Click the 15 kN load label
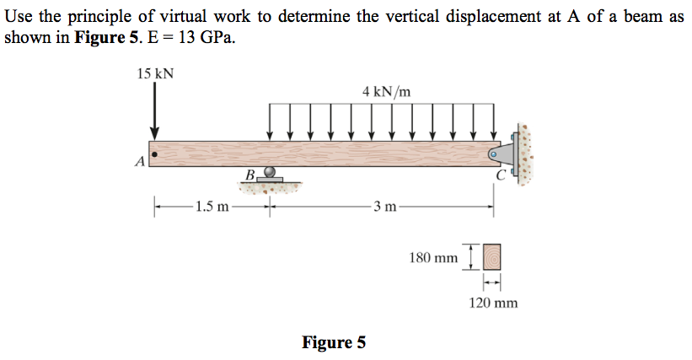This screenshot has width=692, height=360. point(155,73)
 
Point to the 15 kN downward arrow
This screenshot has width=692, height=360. point(154,110)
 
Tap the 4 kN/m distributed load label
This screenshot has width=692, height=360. point(387,92)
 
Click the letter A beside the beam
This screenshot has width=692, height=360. point(140,162)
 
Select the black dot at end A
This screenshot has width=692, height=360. point(154,154)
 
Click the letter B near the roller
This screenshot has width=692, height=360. point(249,175)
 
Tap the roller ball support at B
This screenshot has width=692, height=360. point(270,171)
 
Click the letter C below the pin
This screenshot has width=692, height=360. point(501,175)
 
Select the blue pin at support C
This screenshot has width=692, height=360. point(494,154)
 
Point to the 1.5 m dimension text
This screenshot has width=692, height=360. point(212,206)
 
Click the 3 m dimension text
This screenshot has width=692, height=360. point(385,206)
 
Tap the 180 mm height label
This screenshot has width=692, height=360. point(433,258)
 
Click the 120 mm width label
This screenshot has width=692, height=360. point(493,303)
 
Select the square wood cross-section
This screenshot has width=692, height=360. point(491,257)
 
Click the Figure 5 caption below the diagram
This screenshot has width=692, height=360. point(334,342)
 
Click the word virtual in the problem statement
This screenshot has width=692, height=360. point(183,16)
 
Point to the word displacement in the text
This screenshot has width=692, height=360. point(493,17)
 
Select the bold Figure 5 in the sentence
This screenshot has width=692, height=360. point(106,37)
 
